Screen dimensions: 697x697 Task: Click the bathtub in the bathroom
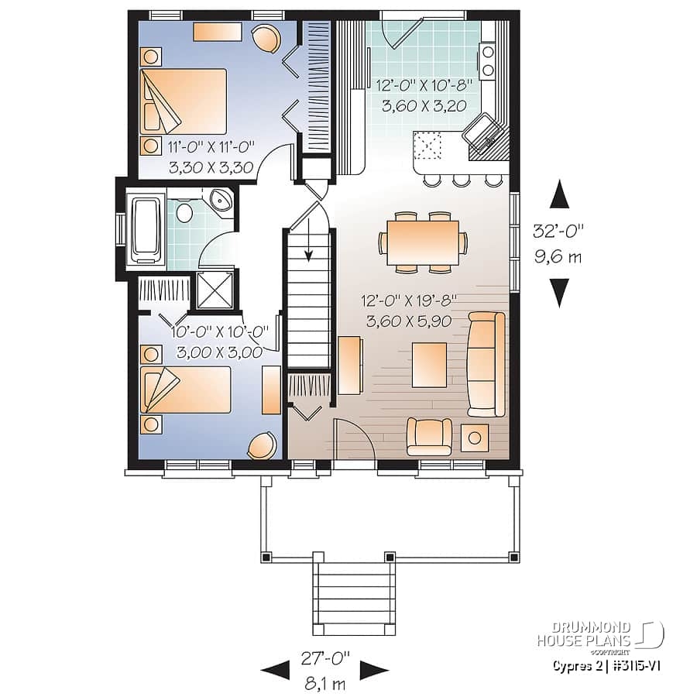pos(146,228)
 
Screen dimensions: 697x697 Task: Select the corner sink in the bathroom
pos(221,201)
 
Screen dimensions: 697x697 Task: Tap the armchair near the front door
pos(429,435)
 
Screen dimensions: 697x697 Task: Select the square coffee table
pos(429,364)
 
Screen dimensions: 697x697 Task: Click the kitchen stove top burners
pos(488,61)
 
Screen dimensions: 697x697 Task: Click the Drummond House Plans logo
pos(600,634)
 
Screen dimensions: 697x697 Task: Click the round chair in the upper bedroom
pos(266,38)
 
